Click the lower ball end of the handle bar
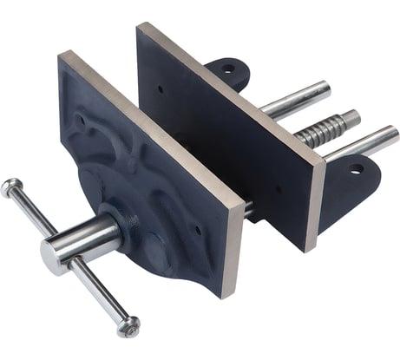[x=128, y=326]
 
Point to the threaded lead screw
[x=323, y=132]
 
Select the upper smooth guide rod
[x=295, y=98]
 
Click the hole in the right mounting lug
[x=354, y=169]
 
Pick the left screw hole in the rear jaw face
[x=161, y=88]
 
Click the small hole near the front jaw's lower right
[x=199, y=231]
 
